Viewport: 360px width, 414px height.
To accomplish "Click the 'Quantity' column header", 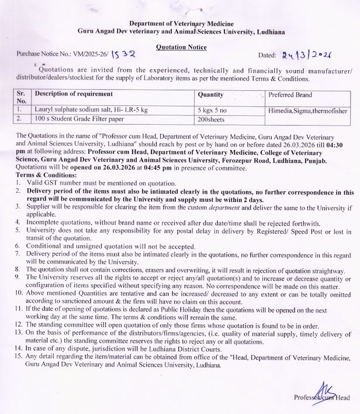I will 210,94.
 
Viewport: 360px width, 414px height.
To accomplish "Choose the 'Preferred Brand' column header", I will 290,94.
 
